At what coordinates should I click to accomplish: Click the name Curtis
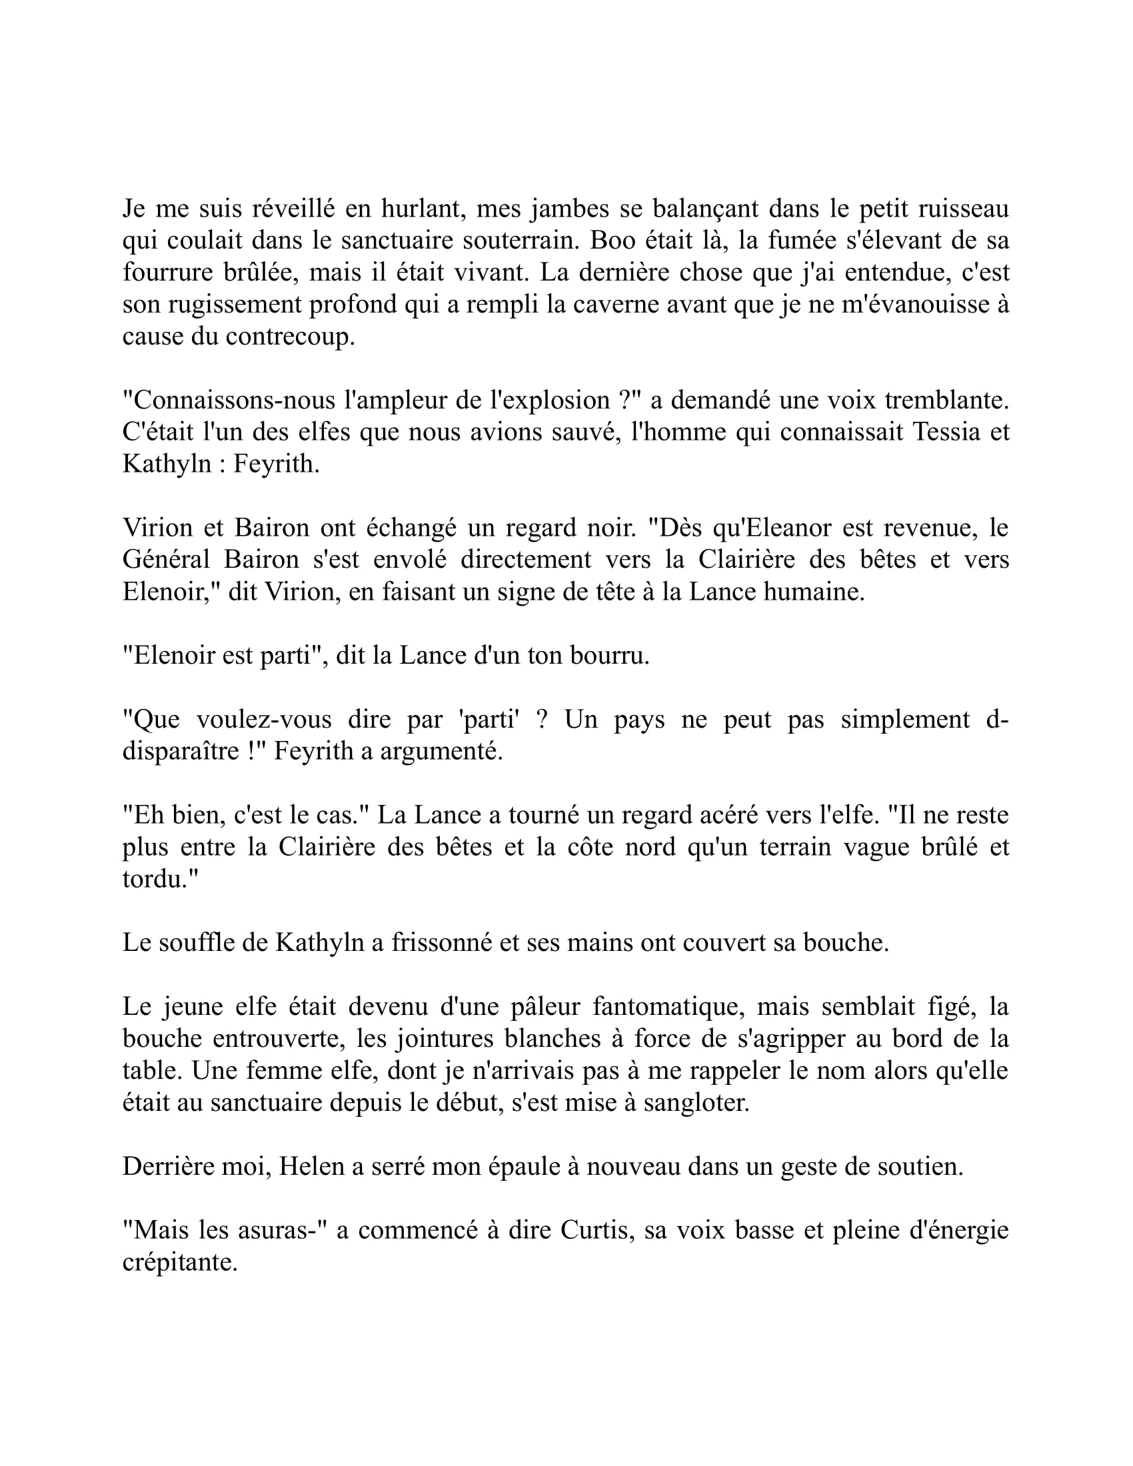click(596, 1230)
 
